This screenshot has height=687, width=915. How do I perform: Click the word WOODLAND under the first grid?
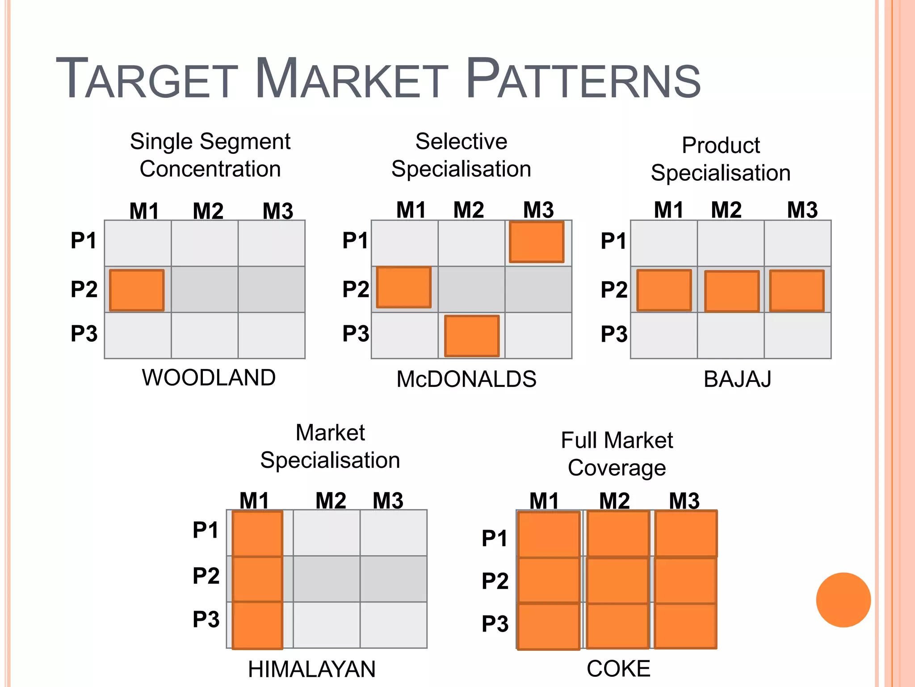point(209,377)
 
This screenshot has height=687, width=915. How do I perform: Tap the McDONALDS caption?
point(466,379)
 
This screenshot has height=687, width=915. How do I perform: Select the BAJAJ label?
point(737,379)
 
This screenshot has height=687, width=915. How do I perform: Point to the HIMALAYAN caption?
point(311,669)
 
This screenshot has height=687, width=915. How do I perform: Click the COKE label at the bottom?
point(618,669)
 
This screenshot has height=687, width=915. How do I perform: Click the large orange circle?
point(843,600)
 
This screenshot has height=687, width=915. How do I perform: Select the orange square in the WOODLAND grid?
point(137,290)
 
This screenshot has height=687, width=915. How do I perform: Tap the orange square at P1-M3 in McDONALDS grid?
point(537,242)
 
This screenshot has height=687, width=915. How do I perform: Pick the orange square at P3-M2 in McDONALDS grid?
point(472,336)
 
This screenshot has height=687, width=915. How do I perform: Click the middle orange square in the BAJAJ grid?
point(732,291)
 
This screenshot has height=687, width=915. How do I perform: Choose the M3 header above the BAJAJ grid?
point(802,210)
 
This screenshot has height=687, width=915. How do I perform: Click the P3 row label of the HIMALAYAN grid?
point(206,619)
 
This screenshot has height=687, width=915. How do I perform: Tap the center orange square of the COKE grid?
point(617,580)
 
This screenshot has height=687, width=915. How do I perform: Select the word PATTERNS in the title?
point(583,80)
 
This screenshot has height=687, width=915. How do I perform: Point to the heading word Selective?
point(461,141)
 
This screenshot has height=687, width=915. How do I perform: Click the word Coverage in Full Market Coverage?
point(617,468)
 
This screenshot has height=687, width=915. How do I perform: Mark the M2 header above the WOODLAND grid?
point(208,211)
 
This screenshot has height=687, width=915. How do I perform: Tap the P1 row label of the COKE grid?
point(495,538)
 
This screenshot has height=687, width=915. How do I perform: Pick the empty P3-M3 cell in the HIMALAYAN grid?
point(393,624)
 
